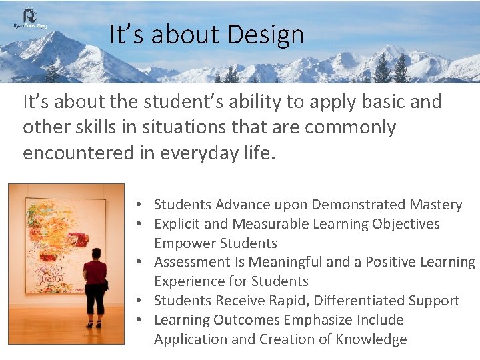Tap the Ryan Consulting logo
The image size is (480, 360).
(29, 19)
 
